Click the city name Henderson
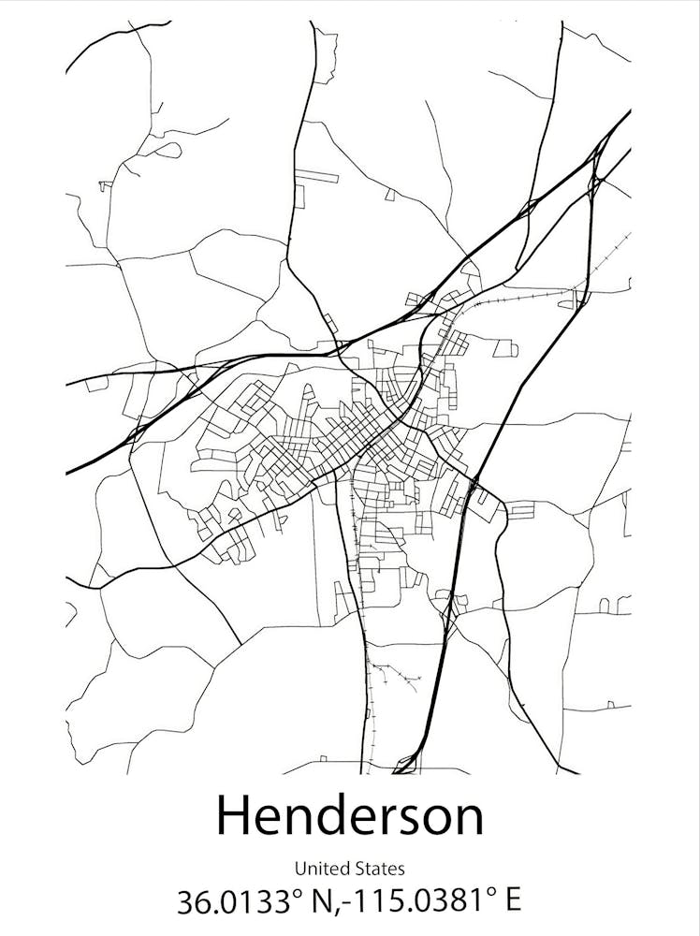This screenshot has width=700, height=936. [350, 815]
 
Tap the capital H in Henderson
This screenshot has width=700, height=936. [234, 815]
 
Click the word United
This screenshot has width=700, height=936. [316, 870]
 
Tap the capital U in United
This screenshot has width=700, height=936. [299, 870]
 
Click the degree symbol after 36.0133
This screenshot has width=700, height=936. [297, 893]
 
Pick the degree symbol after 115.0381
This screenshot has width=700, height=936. [493, 893]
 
